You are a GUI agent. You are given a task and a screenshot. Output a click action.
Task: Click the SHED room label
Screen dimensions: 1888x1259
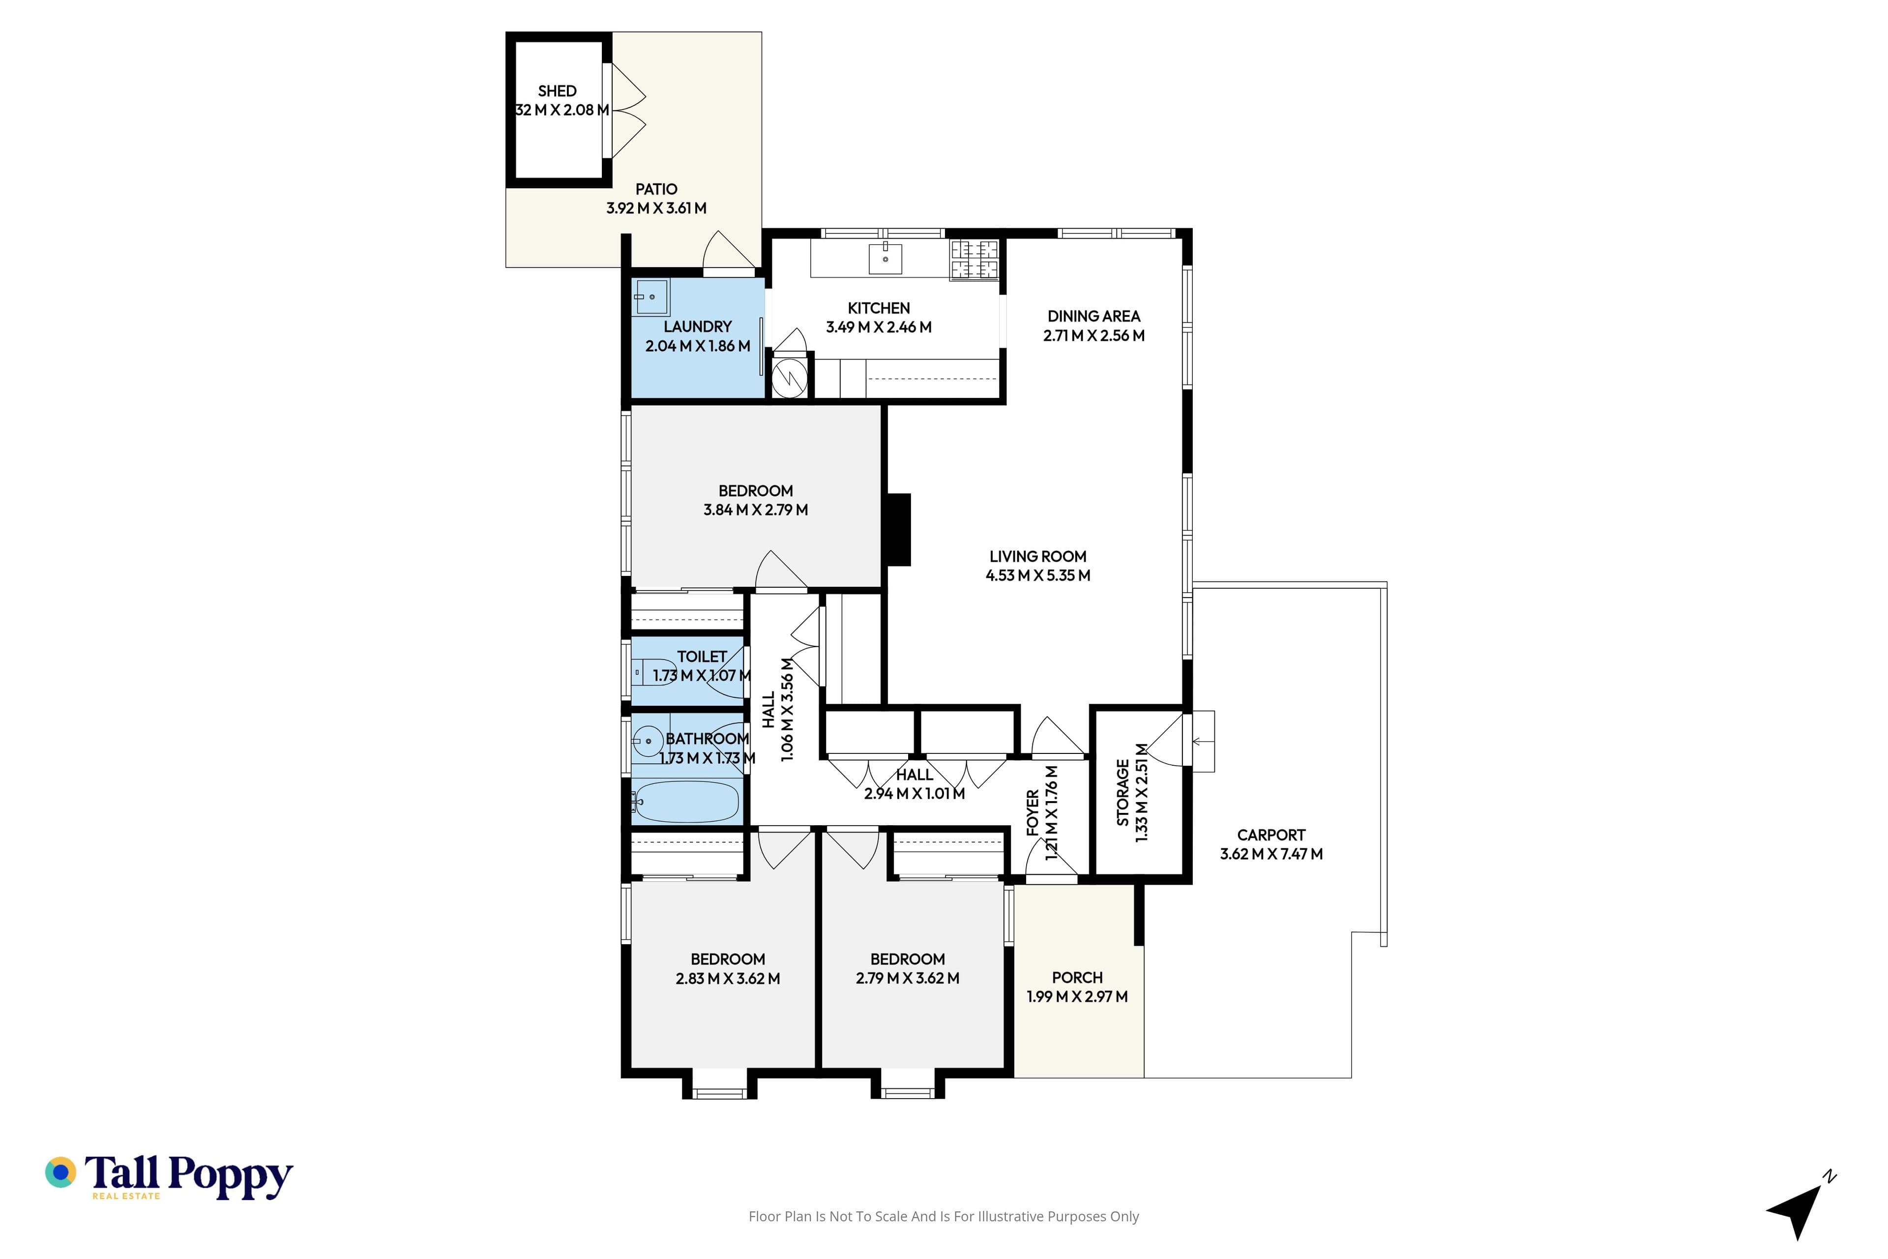coord(557,90)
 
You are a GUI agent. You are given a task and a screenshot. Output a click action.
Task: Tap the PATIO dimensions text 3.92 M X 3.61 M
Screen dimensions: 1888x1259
coord(657,208)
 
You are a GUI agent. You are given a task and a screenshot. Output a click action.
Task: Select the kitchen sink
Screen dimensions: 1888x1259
coord(885,259)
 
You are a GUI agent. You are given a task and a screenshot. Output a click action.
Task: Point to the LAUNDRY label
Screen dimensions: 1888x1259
coord(698,327)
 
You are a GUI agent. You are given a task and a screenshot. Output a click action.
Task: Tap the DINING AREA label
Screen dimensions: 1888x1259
coord(1093,316)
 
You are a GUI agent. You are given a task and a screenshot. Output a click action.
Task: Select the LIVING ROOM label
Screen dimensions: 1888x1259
coord(1038,556)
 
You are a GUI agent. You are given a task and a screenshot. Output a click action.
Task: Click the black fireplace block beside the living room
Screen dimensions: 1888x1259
coord(899,530)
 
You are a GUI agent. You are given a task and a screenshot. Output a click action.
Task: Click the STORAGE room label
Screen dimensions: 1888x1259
coord(1122,792)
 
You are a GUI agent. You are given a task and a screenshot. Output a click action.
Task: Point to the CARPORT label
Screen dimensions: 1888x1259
coord(1271,835)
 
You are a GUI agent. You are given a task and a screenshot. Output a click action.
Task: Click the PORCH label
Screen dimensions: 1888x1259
coord(1077,977)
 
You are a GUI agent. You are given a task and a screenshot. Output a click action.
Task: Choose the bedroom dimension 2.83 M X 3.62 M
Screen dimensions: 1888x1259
coord(728,979)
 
